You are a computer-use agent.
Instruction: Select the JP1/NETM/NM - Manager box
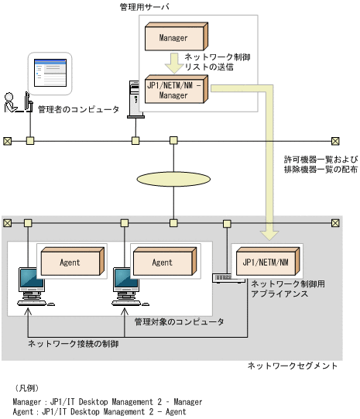[x=176, y=90]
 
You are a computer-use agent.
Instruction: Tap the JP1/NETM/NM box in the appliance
[x=264, y=262]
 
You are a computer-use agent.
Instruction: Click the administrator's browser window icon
[x=51, y=75]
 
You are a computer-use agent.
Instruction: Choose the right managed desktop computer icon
[x=125, y=283]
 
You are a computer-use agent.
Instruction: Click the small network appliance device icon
[x=223, y=276]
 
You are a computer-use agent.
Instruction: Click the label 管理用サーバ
[x=145, y=7]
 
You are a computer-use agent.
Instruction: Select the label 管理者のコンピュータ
[x=78, y=110]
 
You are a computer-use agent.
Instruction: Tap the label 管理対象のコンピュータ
[x=180, y=321]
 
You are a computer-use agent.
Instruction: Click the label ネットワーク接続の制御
[x=74, y=342]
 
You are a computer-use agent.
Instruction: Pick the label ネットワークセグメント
[x=292, y=366]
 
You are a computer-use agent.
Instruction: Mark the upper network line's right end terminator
[x=335, y=141]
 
